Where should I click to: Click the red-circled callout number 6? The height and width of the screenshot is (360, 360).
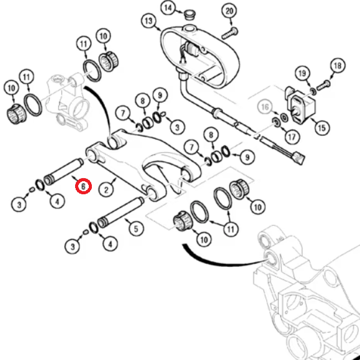point(83,186)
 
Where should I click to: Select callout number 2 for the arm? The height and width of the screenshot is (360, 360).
point(106,190)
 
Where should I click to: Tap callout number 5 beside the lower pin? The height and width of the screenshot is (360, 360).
point(136,228)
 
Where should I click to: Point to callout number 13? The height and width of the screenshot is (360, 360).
point(149,21)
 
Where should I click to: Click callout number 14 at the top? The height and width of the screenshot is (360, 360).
point(168,8)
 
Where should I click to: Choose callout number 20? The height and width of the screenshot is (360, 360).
point(229,11)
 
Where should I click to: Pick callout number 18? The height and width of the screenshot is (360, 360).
point(338,66)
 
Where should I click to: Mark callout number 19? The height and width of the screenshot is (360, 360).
point(302,73)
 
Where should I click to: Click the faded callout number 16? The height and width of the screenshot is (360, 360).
point(265,107)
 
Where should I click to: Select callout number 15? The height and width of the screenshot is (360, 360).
point(322,128)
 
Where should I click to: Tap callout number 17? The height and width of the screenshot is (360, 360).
point(292,137)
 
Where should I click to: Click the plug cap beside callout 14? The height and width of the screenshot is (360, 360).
point(190,15)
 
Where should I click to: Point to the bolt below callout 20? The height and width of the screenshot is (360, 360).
point(230,34)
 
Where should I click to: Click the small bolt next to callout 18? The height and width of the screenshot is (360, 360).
point(323,85)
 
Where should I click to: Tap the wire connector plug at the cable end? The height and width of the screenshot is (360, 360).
point(300,158)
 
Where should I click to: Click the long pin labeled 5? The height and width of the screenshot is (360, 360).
point(121,213)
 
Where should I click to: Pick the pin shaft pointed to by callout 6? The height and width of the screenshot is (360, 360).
point(63,172)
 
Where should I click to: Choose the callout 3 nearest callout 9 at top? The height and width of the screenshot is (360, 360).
point(177,127)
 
